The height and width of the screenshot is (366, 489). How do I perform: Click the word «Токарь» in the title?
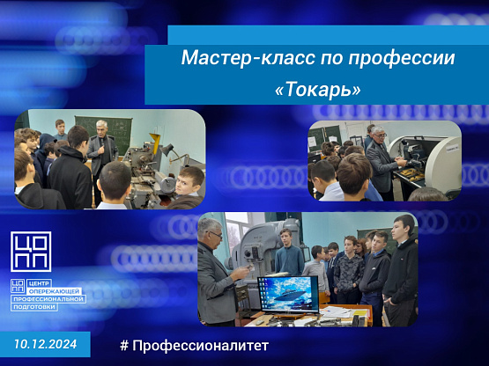point(318,90)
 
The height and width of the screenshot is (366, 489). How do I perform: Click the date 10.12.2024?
point(46,344)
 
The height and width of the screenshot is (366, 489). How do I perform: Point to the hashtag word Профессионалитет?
point(200,346)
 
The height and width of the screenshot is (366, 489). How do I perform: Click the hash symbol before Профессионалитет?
point(124,346)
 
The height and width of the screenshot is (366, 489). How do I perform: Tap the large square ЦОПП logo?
point(31,252)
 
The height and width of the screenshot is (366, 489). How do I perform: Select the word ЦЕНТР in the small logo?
point(39,283)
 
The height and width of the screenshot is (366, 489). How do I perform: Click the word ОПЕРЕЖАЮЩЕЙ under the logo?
point(55,291)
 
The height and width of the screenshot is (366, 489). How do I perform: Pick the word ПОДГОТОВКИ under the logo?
point(34,307)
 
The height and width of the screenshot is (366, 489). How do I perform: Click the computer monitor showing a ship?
point(288,294)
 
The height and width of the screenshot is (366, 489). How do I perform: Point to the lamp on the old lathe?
point(167,150)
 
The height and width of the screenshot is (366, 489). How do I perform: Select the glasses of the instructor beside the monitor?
point(215,234)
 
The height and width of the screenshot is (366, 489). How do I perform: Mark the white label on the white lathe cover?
point(452,149)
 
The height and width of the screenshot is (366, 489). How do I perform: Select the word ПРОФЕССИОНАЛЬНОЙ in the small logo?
point(48,299)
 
